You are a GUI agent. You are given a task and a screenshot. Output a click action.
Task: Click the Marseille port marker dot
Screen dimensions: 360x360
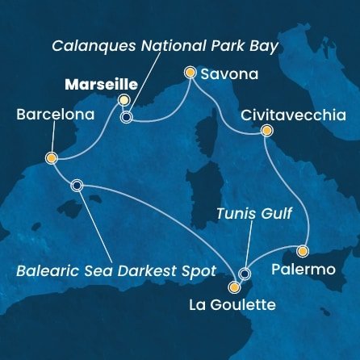[x=123, y=100]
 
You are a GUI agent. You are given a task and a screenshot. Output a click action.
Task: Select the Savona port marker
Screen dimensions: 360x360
[x=190, y=73]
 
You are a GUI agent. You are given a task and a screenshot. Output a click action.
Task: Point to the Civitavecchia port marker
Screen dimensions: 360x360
[x=267, y=131]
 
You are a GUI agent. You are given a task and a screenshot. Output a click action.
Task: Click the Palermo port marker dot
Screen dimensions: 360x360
[x=303, y=250]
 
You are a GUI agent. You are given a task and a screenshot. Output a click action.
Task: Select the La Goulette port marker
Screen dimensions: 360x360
[x=234, y=287]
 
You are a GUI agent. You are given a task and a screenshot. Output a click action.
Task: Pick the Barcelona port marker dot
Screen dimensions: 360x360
[x=51, y=158]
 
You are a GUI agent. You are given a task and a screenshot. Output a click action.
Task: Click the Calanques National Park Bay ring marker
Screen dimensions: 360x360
[x=126, y=117]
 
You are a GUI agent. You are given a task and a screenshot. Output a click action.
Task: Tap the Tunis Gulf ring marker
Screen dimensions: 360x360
[x=245, y=274]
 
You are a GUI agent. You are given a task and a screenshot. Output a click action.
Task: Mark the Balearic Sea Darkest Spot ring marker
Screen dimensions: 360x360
[x=77, y=185]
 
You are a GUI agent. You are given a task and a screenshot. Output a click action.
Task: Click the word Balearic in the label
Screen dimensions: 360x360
[x=47, y=268]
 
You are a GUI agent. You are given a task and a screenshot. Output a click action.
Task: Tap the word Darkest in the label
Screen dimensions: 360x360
[x=132, y=268]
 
